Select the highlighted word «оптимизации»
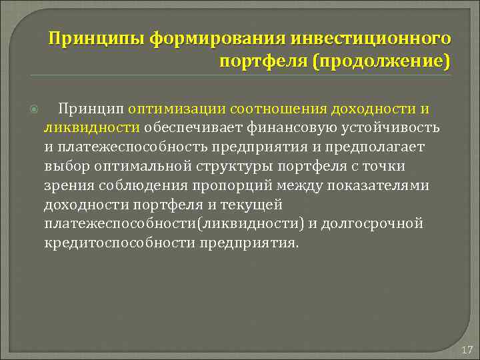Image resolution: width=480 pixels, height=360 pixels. coord(175,109)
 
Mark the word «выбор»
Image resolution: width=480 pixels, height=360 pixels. coord(65,166)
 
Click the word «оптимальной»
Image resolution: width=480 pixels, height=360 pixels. coord(134,166)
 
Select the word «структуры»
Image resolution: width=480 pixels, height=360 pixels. coord(219,166)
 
